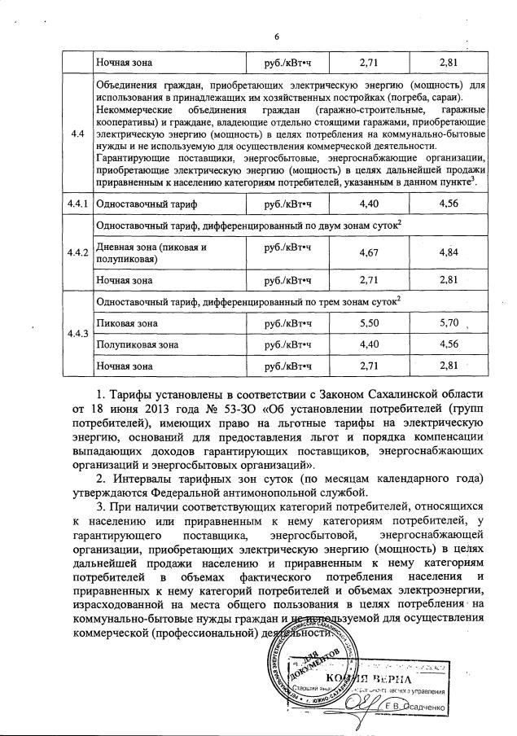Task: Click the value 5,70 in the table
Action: point(449,323)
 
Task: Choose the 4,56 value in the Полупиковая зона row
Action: point(449,344)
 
